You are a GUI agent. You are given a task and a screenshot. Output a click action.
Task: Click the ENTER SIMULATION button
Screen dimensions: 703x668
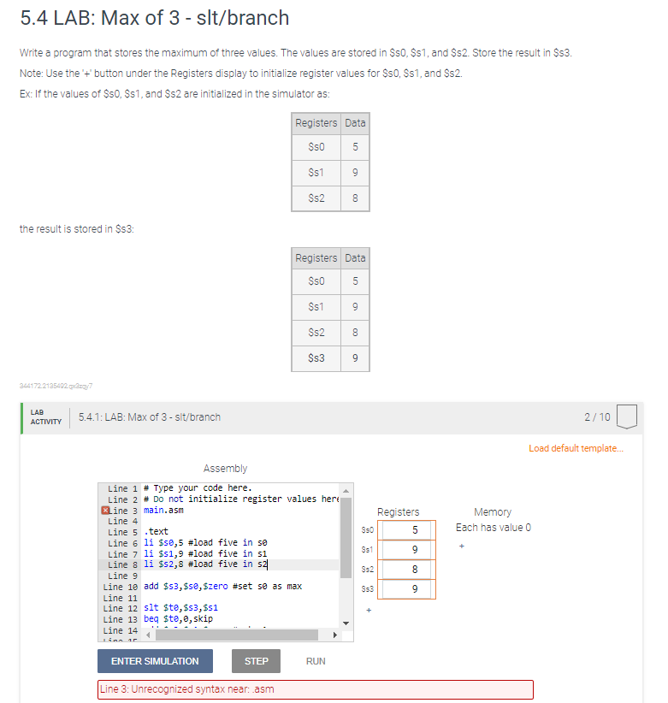(x=155, y=661)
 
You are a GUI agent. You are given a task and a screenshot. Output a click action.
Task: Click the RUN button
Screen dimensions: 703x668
(x=315, y=661)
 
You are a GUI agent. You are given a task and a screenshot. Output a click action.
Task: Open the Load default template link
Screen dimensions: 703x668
(x=576, y=447)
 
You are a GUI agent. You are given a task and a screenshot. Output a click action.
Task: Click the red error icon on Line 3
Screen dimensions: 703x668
(x=105, y=511)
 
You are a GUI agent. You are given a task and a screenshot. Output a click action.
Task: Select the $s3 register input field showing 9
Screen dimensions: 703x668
(x=408, y=589)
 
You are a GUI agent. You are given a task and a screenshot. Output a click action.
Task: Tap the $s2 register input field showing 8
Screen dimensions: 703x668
(x=408, y=569)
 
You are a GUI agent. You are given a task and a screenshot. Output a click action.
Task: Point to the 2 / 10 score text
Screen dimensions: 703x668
(x=597, y=416)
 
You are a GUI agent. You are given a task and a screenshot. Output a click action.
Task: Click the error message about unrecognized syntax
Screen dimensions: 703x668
(x=316, y=689)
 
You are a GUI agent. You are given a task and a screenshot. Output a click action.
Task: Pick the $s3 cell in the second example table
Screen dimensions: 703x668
(x=316, y=358)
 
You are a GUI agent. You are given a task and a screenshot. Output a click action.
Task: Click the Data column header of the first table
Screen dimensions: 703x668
(x=355, y=123)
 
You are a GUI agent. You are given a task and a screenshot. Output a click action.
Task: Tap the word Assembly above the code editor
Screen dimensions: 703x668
(x=225, y=468)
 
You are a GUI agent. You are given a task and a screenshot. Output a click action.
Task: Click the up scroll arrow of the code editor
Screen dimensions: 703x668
(x=346, y=490)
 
